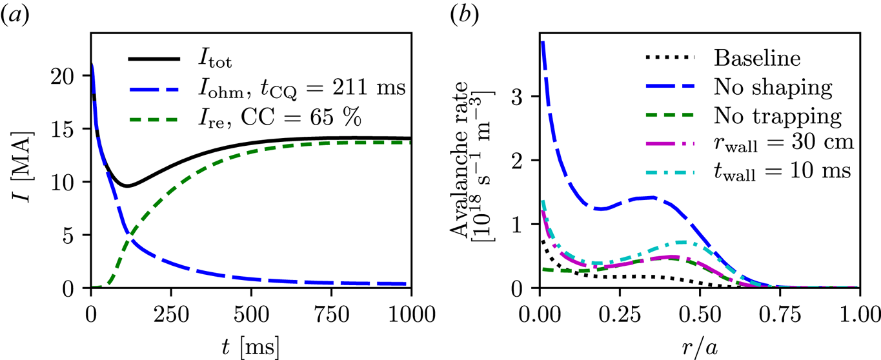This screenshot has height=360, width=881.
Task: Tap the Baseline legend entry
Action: pos(757,58)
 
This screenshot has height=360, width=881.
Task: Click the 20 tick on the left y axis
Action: pos(70,75)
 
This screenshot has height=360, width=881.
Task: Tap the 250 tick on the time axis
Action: pos(171,308)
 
